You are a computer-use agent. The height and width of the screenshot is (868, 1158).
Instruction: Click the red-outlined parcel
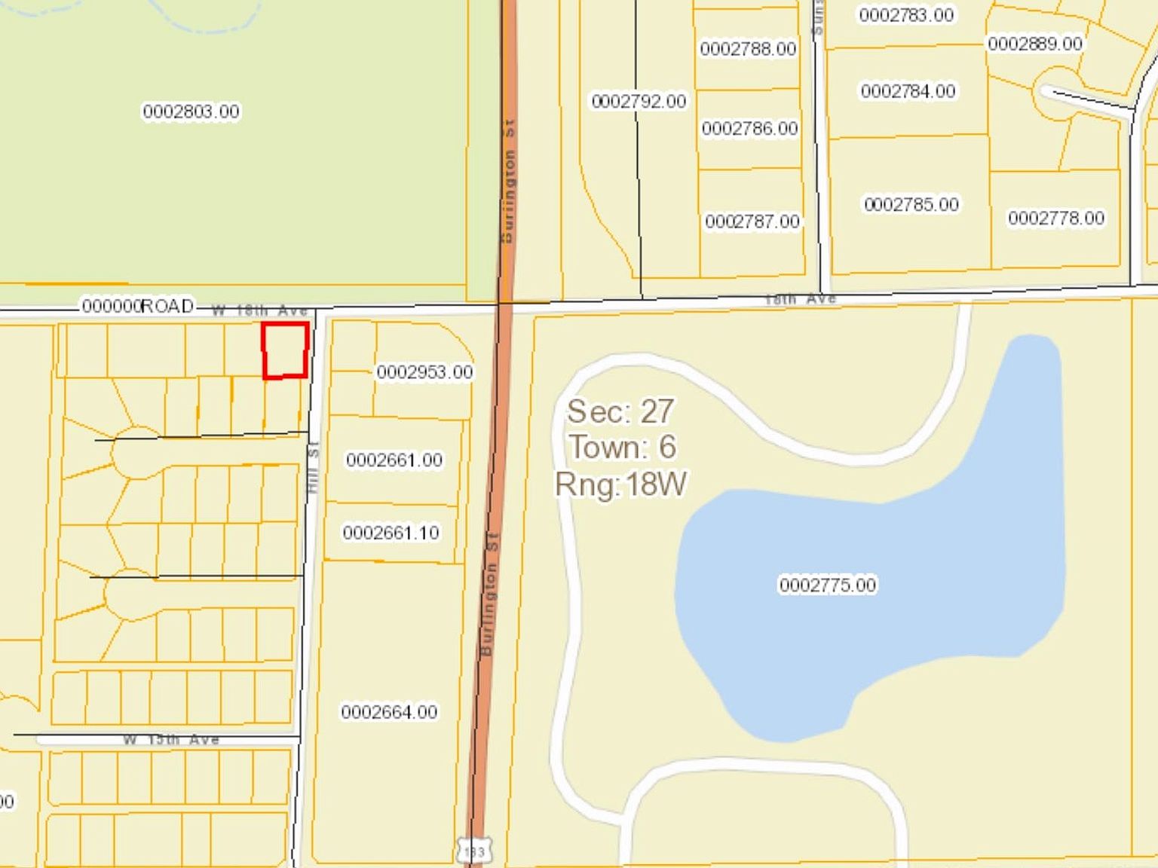[x=285, y=350]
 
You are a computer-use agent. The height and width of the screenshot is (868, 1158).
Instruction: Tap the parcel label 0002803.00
[x=191, y=112]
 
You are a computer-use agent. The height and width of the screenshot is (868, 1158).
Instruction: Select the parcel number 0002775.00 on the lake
[x=827, y=585]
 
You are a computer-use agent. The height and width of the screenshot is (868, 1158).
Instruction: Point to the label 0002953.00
[x=424, y=372]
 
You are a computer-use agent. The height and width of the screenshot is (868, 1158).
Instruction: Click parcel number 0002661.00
[x=394, y=460]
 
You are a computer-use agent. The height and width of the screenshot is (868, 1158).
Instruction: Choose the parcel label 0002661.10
[x=391, y=533]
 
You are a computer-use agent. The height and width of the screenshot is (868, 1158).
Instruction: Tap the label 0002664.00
[x=389, y=712]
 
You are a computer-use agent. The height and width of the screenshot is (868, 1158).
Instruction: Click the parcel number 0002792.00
[x=639, y=101]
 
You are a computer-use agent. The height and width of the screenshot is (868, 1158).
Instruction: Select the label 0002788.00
[x=748, y=49]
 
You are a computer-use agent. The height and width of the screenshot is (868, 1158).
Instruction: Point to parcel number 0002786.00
[x=749, y=129]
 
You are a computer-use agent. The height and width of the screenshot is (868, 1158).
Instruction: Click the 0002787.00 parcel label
[x=752, y=222]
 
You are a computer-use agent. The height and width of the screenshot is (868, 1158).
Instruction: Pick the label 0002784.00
[x=908, y=91]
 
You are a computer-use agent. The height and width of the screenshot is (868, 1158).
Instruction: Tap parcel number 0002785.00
[x=911, y=204]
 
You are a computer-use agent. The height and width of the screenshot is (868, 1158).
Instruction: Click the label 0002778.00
[x=1055, y=218]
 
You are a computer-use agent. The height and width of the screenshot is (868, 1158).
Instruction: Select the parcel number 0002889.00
[x=1034, y=44]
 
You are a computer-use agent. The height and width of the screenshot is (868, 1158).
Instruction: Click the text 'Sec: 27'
[x=620, y=411]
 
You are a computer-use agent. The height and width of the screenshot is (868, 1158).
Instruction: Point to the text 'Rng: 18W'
[x=620, y=484]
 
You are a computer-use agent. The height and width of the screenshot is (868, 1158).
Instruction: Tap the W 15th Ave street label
[x=171, y=740]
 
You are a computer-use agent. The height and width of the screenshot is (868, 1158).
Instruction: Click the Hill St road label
[x=313, y=467]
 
